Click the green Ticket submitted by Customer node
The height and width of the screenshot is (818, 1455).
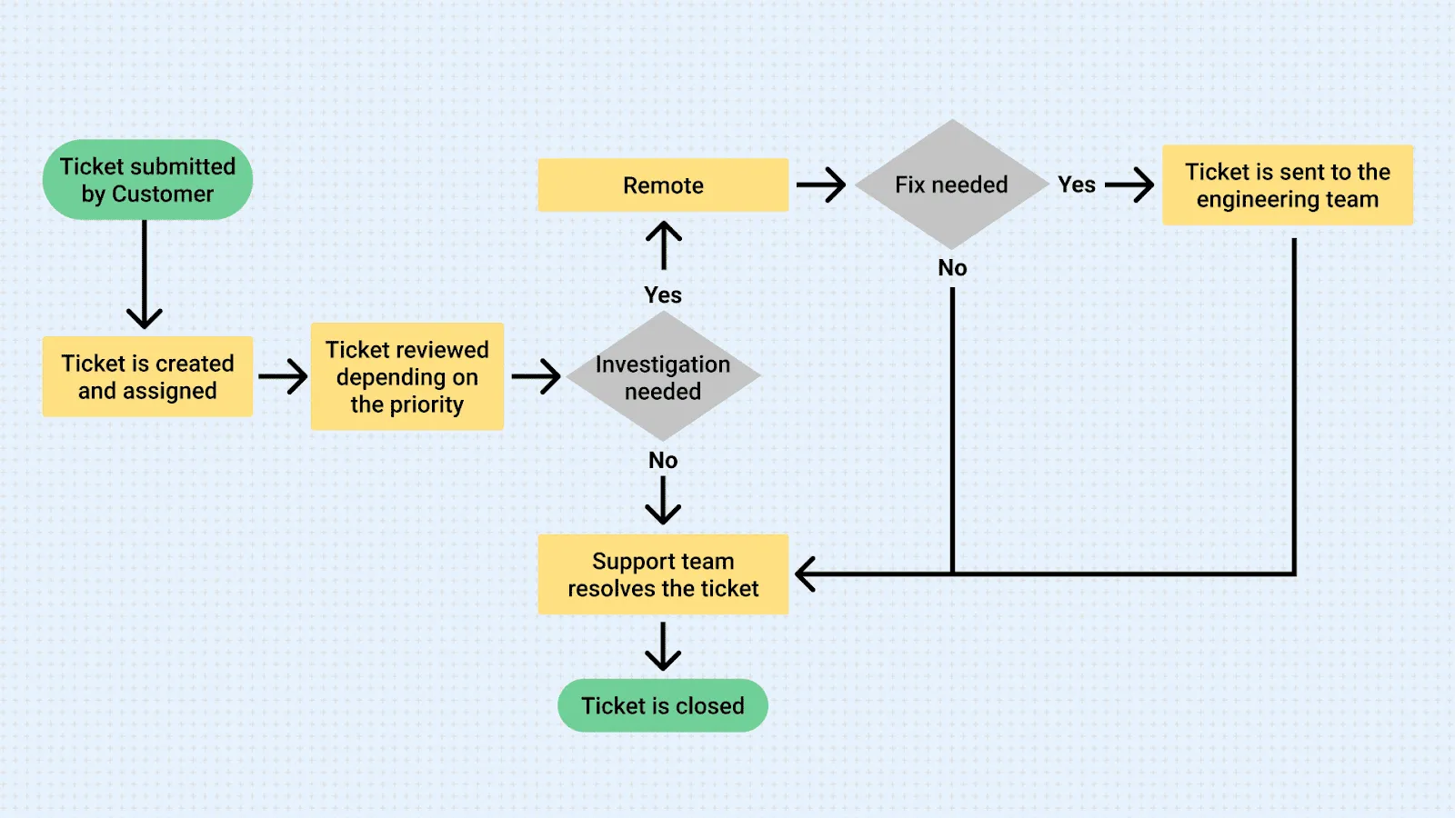tap(147, 180)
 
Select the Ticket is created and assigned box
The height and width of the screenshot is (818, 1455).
tap(147, 377)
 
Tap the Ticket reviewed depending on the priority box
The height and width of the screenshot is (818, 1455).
tap(406, 376)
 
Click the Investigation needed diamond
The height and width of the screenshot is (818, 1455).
tap(663, 377)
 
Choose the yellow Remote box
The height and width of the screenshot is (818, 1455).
tap(663, 185)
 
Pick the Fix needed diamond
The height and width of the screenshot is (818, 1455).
tap(951, 185)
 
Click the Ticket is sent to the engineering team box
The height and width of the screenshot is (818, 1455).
tap(1287, 185)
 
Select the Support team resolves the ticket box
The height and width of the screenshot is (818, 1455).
tap(663, 574)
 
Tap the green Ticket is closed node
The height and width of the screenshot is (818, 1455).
tap(663, 705)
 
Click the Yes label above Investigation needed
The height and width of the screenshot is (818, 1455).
tap(663, 294)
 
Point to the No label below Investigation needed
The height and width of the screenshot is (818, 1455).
tap(663, 460)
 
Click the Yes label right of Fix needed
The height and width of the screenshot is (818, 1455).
tap(1077, 185)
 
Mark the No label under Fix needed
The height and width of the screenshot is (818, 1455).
tap(952, 268)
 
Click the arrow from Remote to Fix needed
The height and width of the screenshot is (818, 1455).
tap(820, 185)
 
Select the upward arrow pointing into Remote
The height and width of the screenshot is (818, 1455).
tap(664, 245)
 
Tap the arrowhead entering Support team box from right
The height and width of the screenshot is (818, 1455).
tap(806, 574)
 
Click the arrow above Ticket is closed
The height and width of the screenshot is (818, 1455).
tap(663, 646)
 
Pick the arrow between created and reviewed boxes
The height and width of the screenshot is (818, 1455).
tap(283, 376)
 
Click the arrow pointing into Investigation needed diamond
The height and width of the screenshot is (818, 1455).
tap(536, 376)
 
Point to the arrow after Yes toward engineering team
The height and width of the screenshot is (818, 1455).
tap(1129, 185)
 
